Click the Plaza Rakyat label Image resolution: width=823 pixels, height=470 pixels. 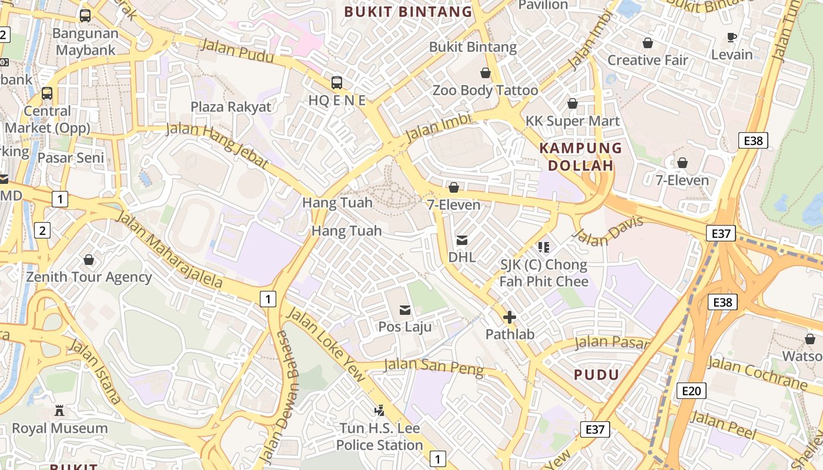pyautogui.click(x=231, y=107)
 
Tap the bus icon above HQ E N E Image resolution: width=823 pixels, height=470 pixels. pyautogui.click(x=337, y=83)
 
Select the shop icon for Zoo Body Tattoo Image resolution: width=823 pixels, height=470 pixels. pyautogui.click(x=486, y=73)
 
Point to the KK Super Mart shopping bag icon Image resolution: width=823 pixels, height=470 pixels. pyautogui.click(x=573, y=104)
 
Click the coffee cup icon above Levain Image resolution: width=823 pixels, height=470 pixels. pyautogui.click(x=732, y=38)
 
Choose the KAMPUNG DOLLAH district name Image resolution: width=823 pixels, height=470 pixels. pyautogui.click(x=580, y=157)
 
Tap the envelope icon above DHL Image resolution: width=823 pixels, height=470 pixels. pyautogui.click(x=462, y=240)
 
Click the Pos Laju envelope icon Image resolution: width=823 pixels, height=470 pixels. pyautogui.click(x=405, y=310)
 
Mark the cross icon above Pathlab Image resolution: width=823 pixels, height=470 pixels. pyautogui.click(x=510, y=318)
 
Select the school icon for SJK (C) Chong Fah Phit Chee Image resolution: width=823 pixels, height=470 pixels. pyautogui.click(x=543, y=247)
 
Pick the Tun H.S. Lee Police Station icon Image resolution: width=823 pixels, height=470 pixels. pyautogui.click(x=380, y=411)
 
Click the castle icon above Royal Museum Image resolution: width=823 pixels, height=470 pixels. pyautogui.click(x=59, y=411)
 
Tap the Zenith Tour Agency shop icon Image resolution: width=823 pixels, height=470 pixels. pyautogui.click(x=89, y=260)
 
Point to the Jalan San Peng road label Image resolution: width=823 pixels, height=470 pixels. pyautogui.click(x=433, y=367)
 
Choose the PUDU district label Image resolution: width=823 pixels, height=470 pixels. pyautogui.click(x=596, y=375)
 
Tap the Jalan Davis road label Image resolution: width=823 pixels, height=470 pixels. pyautogui.click(x=608, y=231)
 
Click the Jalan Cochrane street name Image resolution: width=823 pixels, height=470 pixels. pyautogui.click(x=757, y=373)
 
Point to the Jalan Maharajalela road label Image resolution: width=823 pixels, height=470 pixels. pyautogui.click(x=170, y=250)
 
